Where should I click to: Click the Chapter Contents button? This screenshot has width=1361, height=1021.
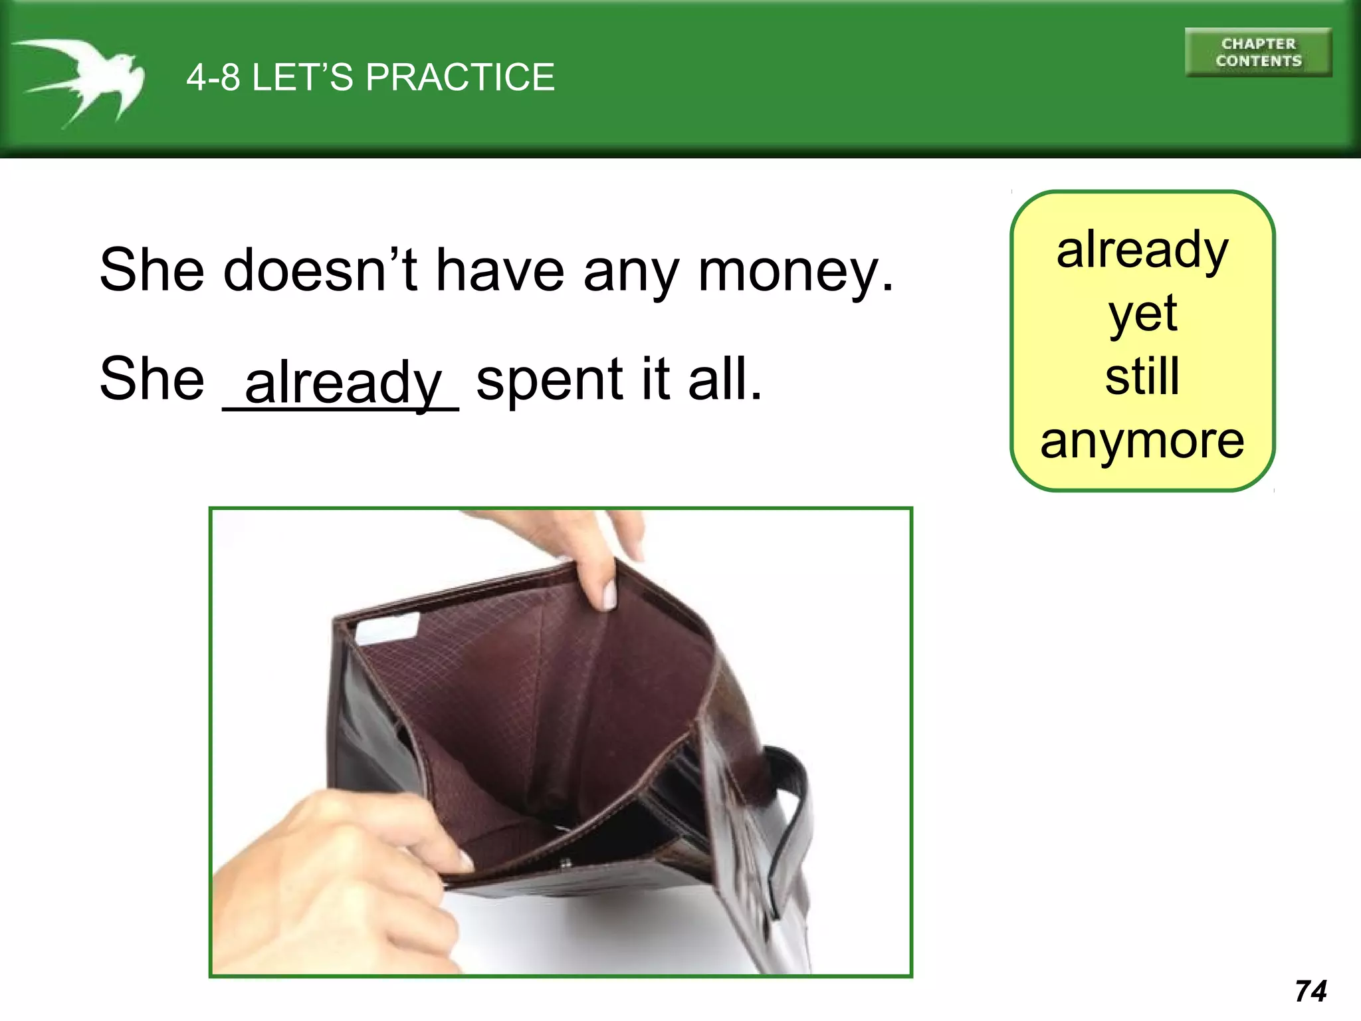(1258, 53)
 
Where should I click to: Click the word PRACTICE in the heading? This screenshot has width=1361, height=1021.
(460, 77)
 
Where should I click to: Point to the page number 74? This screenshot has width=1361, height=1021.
(1310, 991)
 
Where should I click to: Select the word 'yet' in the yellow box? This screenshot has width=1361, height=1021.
(1142, 314)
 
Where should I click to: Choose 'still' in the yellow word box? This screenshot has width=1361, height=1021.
(1142, 376)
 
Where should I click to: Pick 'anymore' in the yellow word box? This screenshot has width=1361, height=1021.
(1142, 441)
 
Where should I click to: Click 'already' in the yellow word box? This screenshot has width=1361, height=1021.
(1142, 251)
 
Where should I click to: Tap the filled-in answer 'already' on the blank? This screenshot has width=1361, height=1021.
(343, 383)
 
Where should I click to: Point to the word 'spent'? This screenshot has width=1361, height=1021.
(549, 380)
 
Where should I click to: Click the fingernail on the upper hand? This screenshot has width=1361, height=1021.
(609, 594)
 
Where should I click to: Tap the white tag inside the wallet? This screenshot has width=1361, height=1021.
(387, 627)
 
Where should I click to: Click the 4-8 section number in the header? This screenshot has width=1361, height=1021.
(213, 77)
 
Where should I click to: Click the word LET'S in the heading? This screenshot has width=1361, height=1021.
(302, 77)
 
